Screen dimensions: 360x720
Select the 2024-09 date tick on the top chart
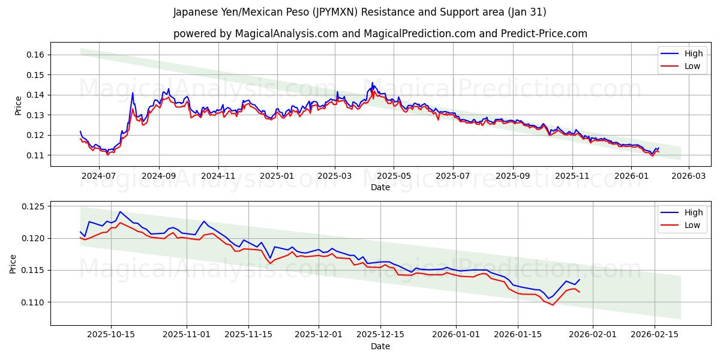tap(159, 176)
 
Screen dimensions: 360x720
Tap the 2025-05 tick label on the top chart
tap(394, 176)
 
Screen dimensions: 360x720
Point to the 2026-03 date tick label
tap(688, 176)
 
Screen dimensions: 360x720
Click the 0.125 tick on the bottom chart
tap(33, 207)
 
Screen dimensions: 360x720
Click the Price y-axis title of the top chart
tap(18, 105)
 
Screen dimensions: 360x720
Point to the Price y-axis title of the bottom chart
tap(13, 263)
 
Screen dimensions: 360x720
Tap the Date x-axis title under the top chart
tap(380, 187)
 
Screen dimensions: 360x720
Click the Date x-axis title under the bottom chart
tap(380, 346)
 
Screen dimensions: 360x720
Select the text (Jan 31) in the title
tap(526, 12)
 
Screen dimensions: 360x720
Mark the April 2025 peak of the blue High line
tap(372, 83)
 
